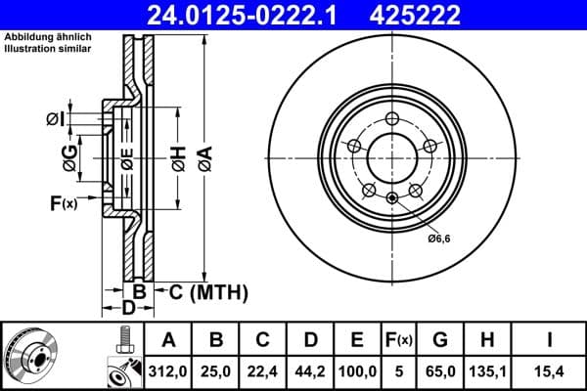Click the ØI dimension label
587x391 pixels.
point(55,120)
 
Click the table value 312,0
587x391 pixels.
point(167,370)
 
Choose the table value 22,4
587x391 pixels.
point(262,370)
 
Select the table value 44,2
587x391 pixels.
point(310,370)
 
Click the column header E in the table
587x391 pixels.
point(357,341)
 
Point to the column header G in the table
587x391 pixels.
point(440,341)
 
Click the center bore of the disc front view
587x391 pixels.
point(391,156)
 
